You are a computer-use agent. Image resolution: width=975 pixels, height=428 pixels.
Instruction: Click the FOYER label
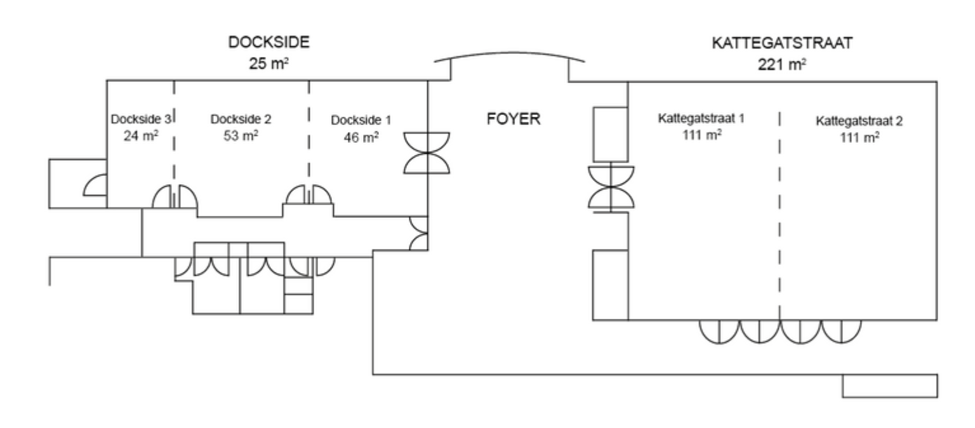click(514, 120)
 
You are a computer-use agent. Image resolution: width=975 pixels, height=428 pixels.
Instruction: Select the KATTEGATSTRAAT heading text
click(782, 44)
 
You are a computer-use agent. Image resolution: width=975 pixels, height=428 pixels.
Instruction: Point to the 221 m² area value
click(782, 64)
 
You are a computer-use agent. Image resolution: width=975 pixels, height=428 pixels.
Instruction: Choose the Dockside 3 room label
click(141, 119)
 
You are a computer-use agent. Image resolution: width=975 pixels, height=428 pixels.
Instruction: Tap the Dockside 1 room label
click(357, 119)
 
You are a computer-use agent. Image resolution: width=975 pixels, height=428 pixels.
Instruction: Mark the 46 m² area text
click(357, 136)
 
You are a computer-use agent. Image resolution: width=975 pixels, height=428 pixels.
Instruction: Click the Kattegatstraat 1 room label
click(701, 119)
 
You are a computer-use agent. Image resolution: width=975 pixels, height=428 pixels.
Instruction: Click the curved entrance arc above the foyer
click(510, 57)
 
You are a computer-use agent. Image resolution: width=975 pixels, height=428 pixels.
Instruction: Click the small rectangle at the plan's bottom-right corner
click(889, 385)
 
